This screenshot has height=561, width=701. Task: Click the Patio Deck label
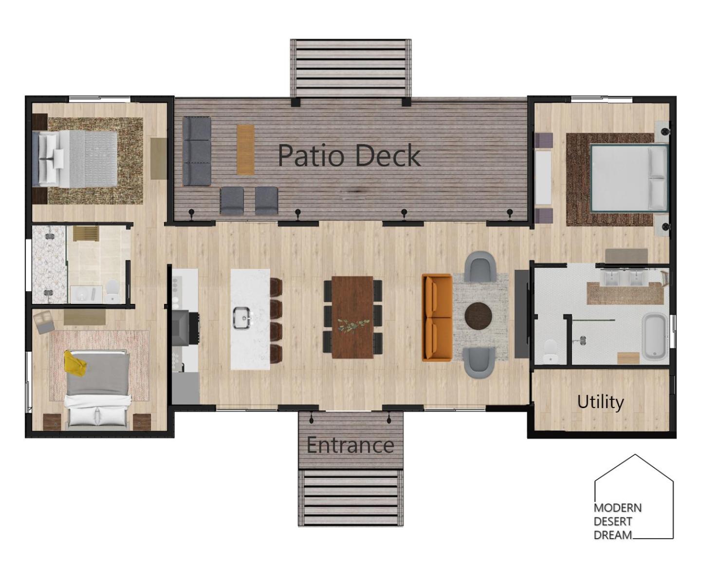pos(349,155)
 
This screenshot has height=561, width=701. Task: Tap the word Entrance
pos(350,445)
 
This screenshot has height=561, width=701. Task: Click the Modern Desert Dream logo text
pos(618,521)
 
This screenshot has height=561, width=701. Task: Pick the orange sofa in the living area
pos(437,318)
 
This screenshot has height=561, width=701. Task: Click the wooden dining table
pos(352,317)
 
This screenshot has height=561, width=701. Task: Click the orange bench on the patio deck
pos(245,150)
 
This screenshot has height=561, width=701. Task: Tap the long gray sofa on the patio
pos(196,151)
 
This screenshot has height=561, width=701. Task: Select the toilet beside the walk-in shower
pos(551,352)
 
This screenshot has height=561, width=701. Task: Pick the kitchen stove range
pos(185,328)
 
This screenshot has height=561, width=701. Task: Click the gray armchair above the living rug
pos(480,266)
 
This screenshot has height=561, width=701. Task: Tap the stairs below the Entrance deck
pos(350,497)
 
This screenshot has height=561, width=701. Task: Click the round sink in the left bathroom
pos(81,295)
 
